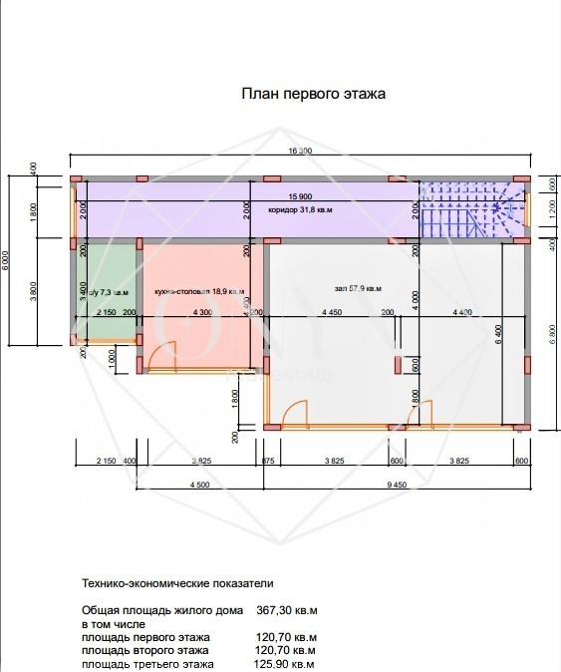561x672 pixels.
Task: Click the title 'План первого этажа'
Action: (x=313, y=94)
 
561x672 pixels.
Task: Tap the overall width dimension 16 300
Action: (x=300, y=151)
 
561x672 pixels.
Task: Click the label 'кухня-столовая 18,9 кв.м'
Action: (x=200, y=291)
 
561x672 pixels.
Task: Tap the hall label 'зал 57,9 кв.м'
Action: (x=358, y=289)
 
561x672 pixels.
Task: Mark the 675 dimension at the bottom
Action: (x=267, y=462)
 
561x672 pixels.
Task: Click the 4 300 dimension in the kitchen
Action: (x=200, y=313)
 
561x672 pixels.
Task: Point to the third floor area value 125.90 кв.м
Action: (x=285, y=664)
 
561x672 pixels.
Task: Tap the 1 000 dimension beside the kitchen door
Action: (x=114, y=357)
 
